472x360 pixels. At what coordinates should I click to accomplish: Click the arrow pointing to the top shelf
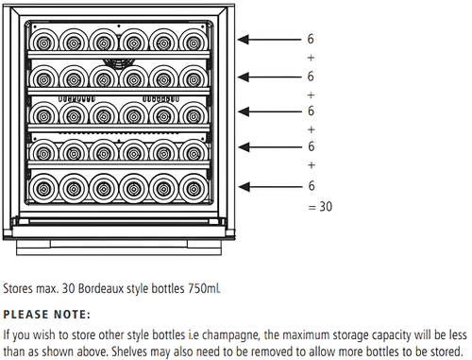click(269, 40)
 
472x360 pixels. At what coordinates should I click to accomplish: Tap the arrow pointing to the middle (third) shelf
click(269, 112)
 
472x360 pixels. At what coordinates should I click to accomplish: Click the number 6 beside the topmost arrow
click(311, 40)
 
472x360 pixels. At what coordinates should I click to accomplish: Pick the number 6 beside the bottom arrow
click(311, 186)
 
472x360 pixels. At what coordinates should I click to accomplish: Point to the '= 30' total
click(320, 205)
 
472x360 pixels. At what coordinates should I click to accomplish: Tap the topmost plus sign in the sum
click(311, 58)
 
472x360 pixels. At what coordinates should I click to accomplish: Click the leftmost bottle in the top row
click(46, 41)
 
